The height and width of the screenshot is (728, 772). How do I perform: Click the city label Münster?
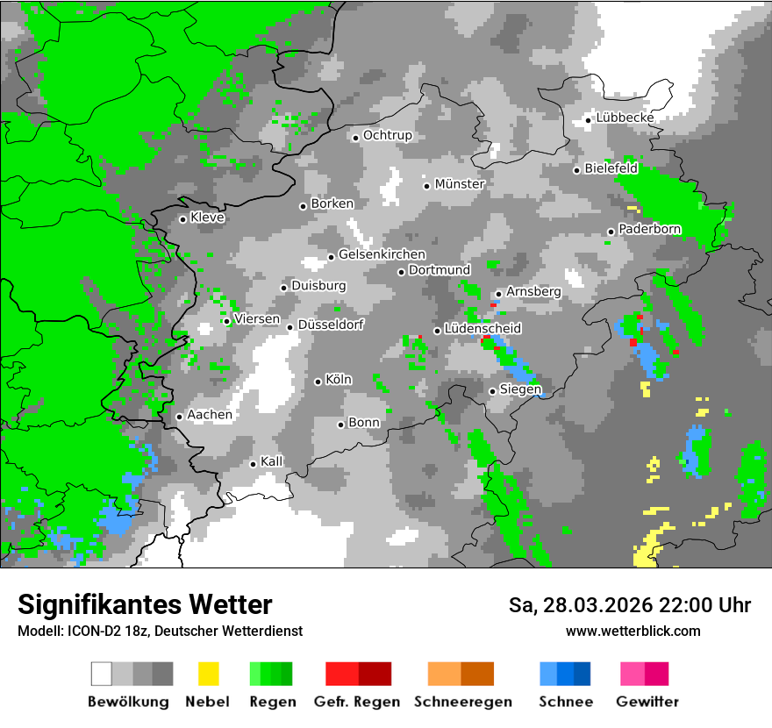[460, 184]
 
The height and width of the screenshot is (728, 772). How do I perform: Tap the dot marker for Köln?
[318, 382]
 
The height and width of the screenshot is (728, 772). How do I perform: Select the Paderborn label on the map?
[650, 230]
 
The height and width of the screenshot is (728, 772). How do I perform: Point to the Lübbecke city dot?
[589, 120]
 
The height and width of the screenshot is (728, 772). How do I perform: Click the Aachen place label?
[210, 415]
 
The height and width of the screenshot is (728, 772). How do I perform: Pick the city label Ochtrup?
[388, 136]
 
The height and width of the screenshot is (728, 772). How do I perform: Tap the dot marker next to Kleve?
[183, 219]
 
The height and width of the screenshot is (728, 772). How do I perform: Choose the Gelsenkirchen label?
[382, 255]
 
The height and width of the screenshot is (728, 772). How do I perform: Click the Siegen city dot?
[493, 391]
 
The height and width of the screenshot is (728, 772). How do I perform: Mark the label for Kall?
[272, 461]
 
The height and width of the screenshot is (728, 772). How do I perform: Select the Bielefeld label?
[611, 168]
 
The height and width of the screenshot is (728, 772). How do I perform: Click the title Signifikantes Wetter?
[145, 605]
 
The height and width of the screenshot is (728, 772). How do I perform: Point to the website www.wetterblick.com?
[633, 631]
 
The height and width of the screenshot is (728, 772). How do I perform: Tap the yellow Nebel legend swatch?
[208, 674]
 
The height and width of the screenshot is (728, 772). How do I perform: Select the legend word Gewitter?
[647, 702]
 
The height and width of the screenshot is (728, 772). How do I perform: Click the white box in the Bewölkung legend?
[102, 674]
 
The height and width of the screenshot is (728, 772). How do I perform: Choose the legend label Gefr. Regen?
[357, 702]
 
